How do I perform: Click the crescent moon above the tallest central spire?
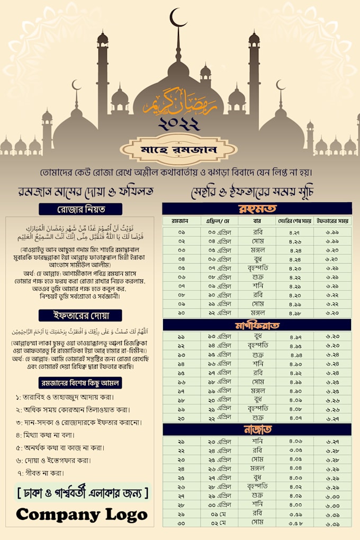178,18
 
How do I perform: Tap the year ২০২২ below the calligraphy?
179,124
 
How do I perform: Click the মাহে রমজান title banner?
178,150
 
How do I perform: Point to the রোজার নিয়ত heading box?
80,209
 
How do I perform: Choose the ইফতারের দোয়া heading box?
80,316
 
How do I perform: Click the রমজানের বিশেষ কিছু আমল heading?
80,382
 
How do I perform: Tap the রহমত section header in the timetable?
257,208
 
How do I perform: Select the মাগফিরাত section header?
257,325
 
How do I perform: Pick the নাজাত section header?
257,429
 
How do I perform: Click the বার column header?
257,220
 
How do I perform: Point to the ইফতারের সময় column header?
332,220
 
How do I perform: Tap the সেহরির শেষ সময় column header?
295,220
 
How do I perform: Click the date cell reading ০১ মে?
219,514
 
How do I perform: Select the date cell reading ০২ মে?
219,523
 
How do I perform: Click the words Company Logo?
82,514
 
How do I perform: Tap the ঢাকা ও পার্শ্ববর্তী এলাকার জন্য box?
82,493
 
